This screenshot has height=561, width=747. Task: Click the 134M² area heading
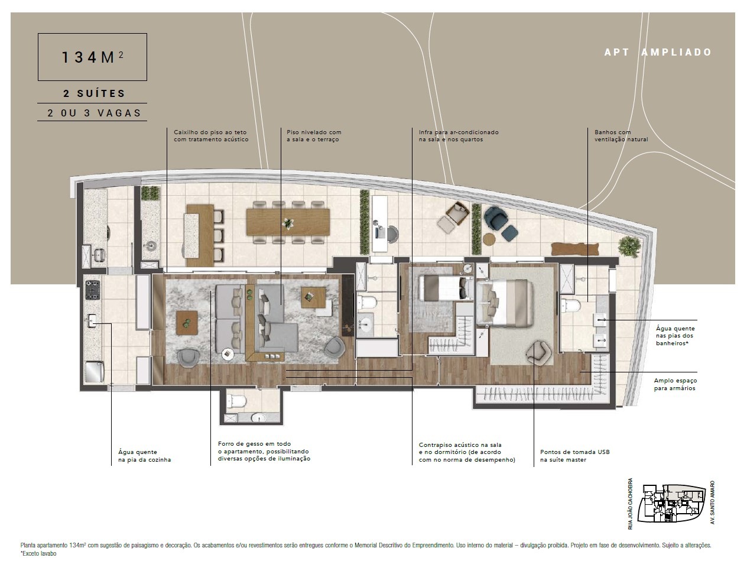[92, 57]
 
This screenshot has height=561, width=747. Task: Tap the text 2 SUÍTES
[95, 93]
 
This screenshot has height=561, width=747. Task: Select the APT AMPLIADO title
[658, 52]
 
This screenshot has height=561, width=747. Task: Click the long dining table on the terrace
[288, 222]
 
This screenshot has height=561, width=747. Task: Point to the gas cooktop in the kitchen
[92, 290]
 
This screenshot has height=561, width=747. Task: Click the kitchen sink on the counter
[92, 320]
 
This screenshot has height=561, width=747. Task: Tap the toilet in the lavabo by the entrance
[236, 401]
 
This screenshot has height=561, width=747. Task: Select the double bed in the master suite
[504, 302]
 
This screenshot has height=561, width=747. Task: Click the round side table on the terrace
[489, 239]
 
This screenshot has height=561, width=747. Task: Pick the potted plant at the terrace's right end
[629, 246]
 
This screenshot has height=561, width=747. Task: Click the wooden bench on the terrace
[574, 249]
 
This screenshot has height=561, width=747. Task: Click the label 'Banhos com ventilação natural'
[621, 135]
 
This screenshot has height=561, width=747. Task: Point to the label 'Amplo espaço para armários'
[675, 384]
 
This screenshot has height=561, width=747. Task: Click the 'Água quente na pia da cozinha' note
[145, 456]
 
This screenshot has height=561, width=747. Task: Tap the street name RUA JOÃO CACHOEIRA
[630, 504]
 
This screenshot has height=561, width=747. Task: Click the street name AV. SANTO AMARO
[713, 502]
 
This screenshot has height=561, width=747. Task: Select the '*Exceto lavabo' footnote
[38, 553]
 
